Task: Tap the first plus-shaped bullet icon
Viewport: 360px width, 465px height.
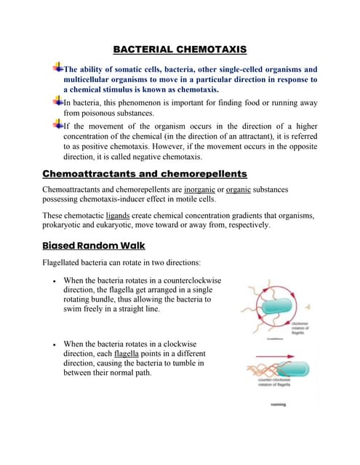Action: [x=57, y=67]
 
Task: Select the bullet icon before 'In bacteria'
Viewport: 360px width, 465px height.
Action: [x=57, y=101]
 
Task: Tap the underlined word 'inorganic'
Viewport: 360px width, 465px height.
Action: [x=222, y=190]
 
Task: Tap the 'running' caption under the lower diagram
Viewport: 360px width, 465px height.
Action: [x=278, y=404]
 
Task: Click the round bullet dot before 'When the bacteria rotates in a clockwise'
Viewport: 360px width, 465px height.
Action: [x=55, y=342]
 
